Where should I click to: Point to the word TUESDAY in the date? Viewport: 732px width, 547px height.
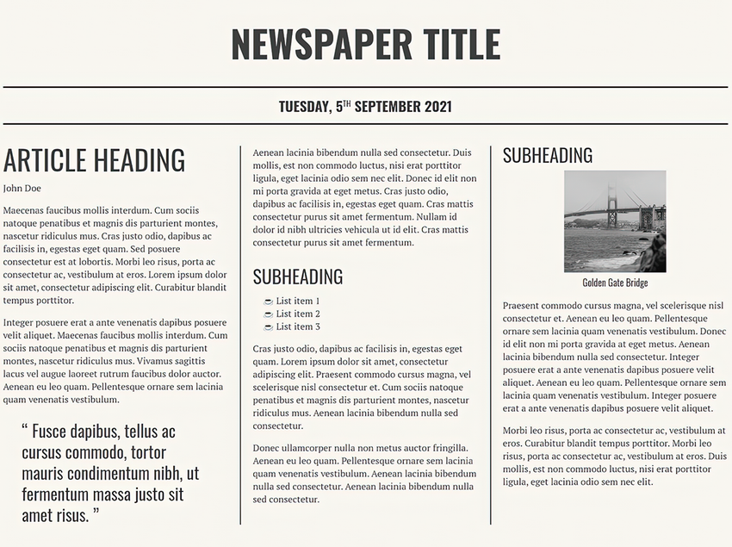point(302,107)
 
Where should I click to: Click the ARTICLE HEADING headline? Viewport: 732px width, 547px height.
point(94,160)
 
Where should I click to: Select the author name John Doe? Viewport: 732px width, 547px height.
point(22,188)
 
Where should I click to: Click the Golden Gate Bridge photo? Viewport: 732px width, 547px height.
point(614,221)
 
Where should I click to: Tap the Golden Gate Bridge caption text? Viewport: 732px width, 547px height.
point(614,283)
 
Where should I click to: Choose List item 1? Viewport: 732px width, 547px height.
point(298,301)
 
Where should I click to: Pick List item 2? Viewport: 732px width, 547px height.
point(298,314)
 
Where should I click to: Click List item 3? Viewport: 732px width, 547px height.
point(298,326)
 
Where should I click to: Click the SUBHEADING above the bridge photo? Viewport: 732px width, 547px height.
point(548,155)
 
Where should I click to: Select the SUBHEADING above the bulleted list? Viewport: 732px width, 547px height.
point(298,277)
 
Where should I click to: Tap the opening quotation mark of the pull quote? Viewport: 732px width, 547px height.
point(25,428)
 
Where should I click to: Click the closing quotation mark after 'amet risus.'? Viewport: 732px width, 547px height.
point(96,513)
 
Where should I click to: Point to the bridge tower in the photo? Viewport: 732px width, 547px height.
point(612,205)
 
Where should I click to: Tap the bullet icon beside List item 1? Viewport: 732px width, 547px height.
point(268,301)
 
